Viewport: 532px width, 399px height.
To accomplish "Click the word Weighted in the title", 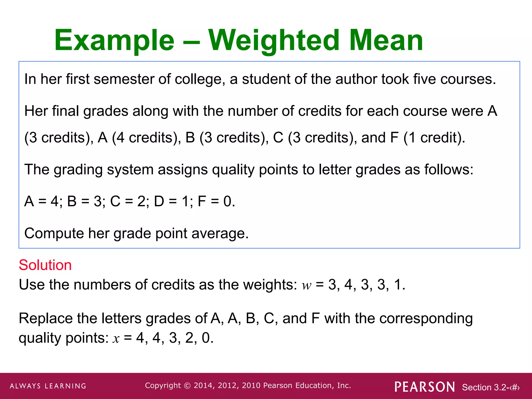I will pos(274,41).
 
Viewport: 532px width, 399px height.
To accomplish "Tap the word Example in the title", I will pos(114,41).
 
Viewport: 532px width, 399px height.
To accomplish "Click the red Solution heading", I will pos(45,265).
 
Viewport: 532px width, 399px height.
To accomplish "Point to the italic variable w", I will pos(307,285).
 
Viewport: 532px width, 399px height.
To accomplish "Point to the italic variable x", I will pos(116,338).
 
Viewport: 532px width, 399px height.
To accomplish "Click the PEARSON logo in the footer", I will pos(424,387).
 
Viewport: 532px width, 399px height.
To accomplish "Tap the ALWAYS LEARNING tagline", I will pos(48,386).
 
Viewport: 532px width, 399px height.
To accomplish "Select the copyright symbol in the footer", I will pos(187,386).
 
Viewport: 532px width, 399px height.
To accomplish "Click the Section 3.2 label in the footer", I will pos(490,387).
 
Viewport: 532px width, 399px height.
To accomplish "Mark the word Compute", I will pos(54,233).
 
